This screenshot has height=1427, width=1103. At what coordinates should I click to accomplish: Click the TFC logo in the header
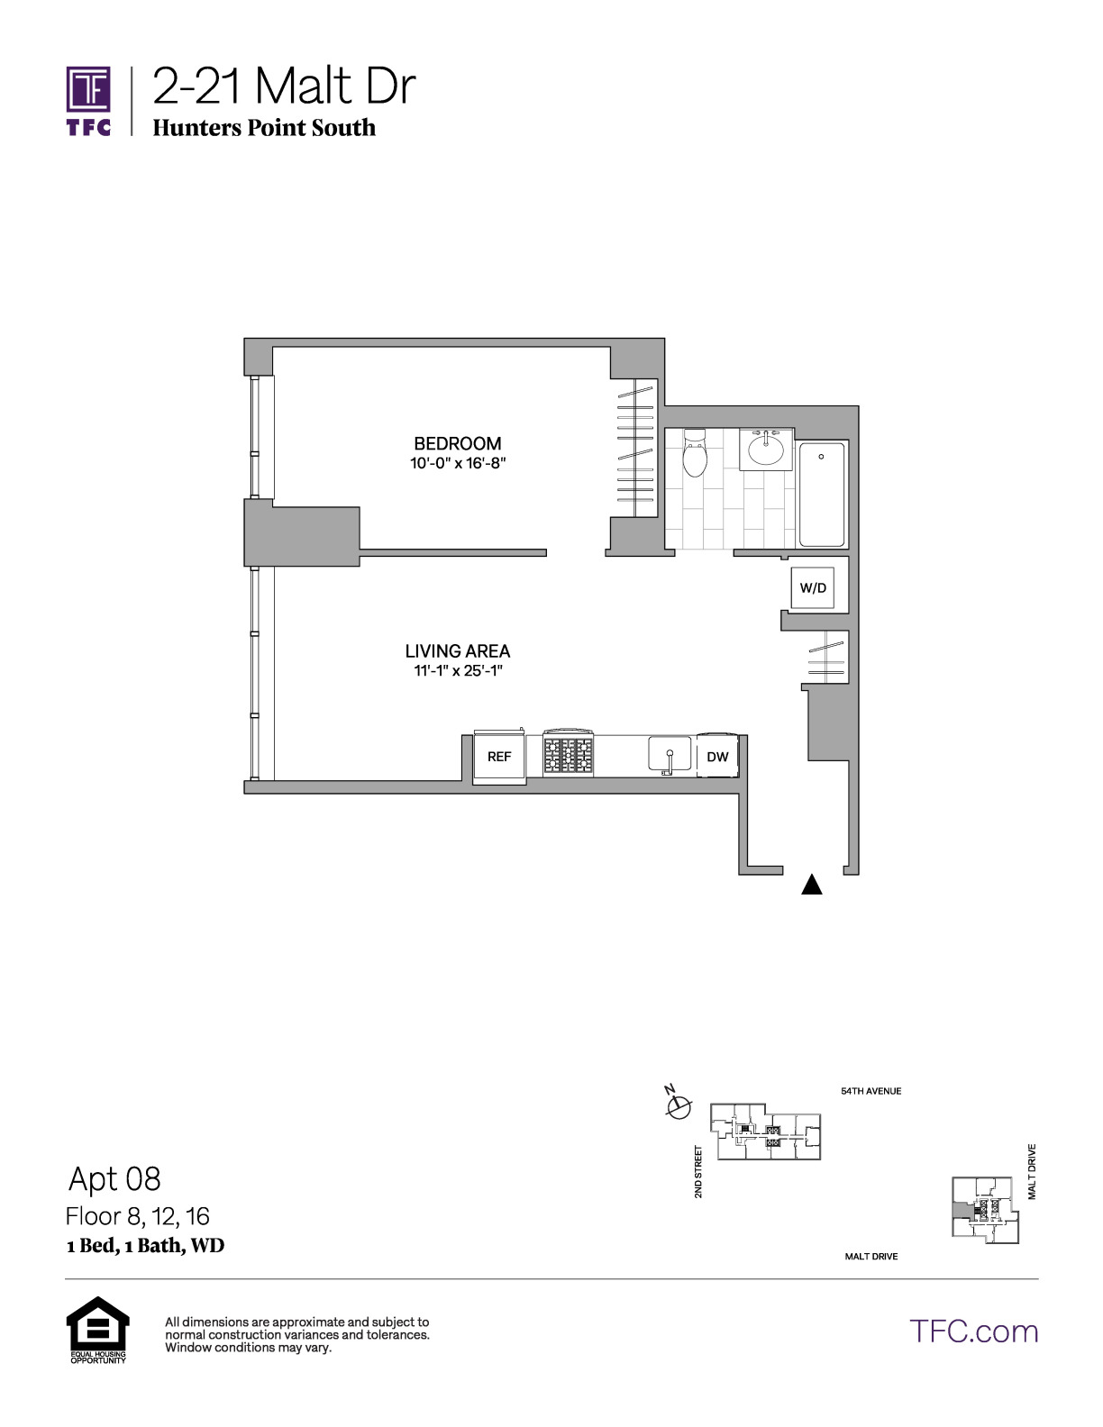88,101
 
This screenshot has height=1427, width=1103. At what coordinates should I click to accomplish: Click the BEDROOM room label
457,443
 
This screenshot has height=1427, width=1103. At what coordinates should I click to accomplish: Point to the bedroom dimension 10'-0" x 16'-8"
457,463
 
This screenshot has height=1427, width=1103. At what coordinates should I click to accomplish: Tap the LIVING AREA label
457,650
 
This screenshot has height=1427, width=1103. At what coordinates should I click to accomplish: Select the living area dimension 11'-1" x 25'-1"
457,670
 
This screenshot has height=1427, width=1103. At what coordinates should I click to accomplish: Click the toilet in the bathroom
695,452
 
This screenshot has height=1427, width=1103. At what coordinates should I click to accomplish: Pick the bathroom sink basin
766,450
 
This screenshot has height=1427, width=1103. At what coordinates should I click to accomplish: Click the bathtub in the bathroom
822,494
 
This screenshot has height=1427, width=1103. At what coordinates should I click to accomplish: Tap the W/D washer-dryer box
813,587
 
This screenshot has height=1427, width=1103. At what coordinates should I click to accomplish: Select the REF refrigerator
499,756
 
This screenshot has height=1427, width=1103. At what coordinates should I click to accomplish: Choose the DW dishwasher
717,756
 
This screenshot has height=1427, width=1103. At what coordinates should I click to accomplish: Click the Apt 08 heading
115,1179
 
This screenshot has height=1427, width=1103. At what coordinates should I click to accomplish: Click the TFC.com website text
974,1332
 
